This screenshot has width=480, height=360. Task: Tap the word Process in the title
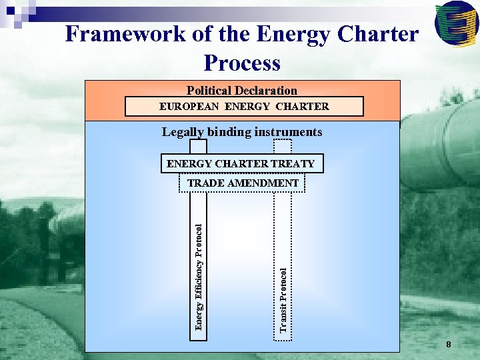[x=242, y=63]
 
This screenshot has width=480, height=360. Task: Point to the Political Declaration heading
[x=242, y=91]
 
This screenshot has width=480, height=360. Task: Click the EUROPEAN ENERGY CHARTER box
[x=244, y=107]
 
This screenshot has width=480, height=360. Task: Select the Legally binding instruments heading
[x=242, y=132]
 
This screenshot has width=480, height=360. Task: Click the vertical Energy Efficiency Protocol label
[x=199, y=276]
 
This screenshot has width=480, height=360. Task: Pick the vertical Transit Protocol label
[x=283, y=299]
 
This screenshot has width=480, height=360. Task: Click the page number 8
[x=449, y=345]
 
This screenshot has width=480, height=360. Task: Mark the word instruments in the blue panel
[x=289, y=132]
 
